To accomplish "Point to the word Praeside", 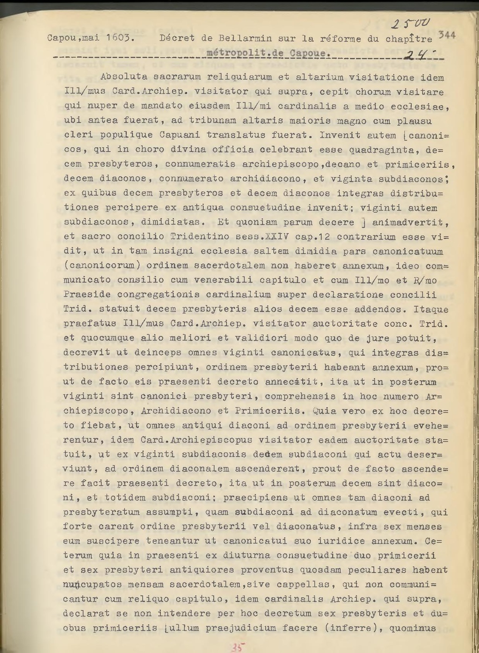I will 83,295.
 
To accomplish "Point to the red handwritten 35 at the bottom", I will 237,647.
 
